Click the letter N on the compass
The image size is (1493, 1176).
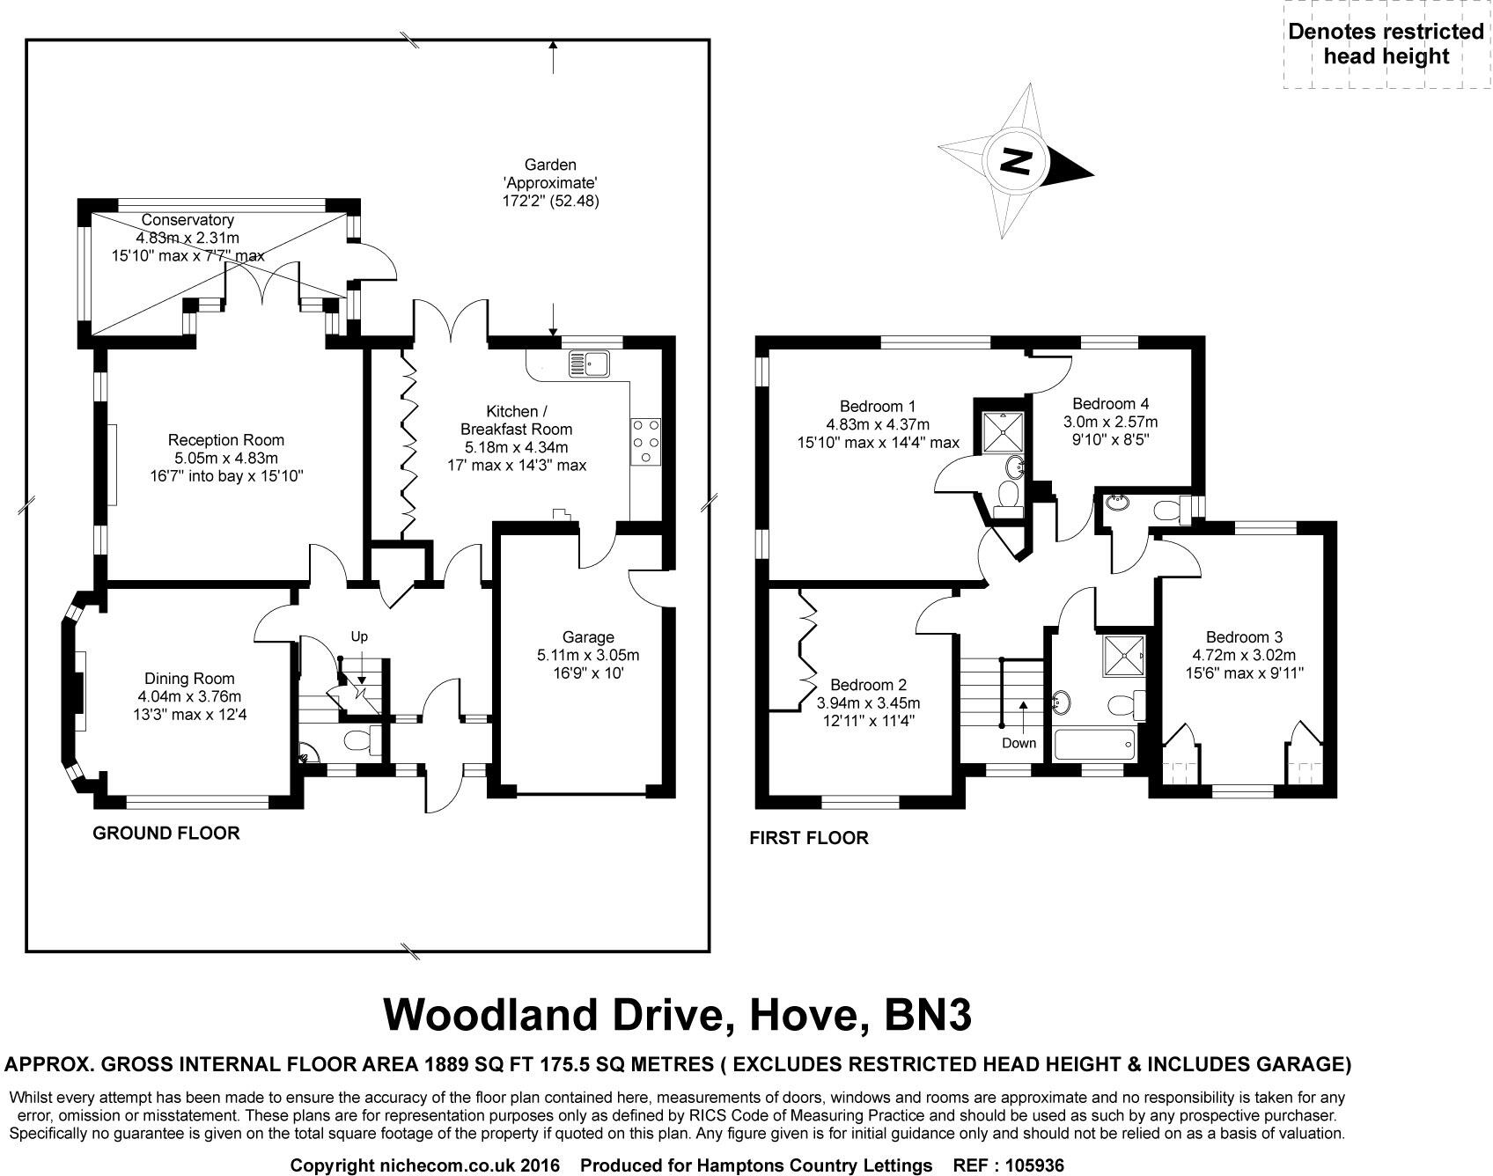click(1016, 161)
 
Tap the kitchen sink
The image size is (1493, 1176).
click(589, 362)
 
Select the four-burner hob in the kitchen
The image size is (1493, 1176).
click(645, 439)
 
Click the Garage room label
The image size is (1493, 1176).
click(588, 637)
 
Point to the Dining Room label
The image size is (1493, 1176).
click(189, 679)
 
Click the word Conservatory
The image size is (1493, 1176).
click(188, 220)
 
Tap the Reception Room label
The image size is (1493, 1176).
click(226, 440)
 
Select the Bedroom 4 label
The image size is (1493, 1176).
click(1110, 404)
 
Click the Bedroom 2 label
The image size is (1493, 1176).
click(868, 685)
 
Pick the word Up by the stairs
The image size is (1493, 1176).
click(359, 636)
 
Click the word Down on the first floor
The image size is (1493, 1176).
click(1019, 743)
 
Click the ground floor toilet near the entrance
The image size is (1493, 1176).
click(360, 740)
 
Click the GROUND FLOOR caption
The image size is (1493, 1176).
click(166, 833)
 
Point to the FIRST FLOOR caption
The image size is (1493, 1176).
click(808, 838)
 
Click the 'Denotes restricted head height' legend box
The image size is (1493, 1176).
click(1386, 44)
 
